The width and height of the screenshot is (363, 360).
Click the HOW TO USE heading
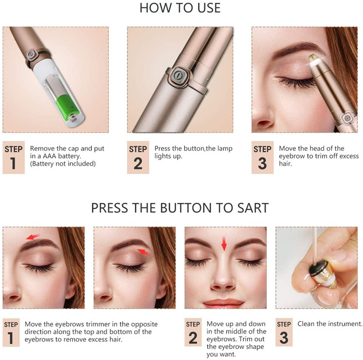click(x=180, y=8)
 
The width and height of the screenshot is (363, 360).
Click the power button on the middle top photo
click(x=178, y=75)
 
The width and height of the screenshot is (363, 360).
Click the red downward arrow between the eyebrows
click(x=224, y=244)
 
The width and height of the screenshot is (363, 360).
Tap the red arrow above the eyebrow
click(x=32, y=237)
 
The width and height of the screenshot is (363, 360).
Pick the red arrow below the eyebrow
click(x=144, y=252)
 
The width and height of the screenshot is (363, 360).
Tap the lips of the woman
click(x=223, y=302)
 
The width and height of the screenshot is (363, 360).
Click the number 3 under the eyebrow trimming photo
click(x=262, y=163)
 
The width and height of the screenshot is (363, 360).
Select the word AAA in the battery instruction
click(x=49, y=156)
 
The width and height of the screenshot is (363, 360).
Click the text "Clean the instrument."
click(x=330, y=324)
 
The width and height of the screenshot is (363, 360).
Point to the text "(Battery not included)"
click(x=63, y=164)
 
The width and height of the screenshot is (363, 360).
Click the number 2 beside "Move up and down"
click(x=193, y=338)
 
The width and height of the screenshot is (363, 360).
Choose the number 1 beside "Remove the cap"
click(x=13, y=163)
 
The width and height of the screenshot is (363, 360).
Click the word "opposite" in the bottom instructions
click(x=144, y=325)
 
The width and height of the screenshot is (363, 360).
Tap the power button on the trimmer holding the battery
click(x=31, y=54)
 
